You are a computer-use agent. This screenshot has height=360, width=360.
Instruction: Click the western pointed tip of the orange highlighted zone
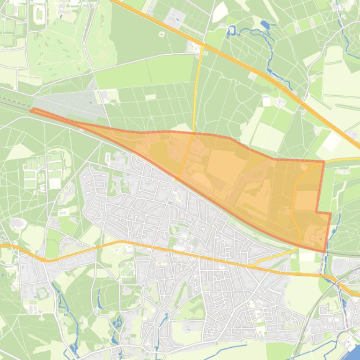[31, 110]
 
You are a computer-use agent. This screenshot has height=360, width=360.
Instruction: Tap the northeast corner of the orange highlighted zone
[324, 162]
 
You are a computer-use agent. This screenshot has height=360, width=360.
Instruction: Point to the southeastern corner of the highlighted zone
[324, 252]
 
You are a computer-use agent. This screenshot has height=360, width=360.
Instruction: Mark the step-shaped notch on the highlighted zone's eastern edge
[318, 213]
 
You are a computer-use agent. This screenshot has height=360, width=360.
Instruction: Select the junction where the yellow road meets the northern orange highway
[203, 46]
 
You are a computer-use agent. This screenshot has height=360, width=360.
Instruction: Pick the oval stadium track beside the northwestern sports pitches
[39, 14]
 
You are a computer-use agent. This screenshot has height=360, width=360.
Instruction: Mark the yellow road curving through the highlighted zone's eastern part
[294, 206]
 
